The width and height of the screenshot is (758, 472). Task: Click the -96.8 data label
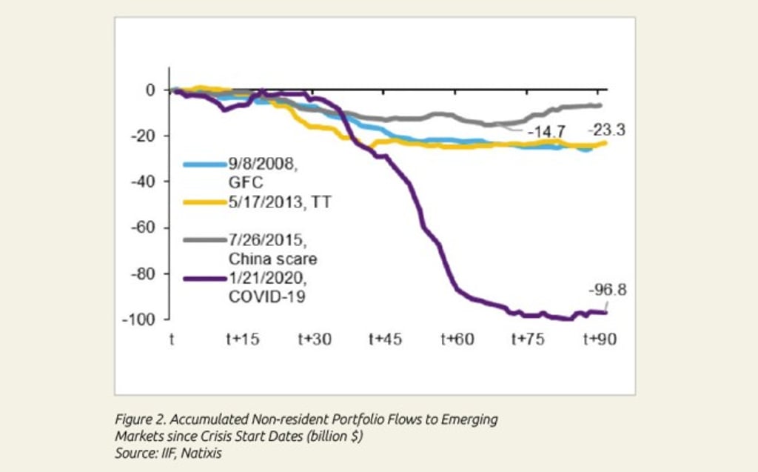point(607,290)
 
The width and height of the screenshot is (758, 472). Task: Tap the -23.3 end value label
point(607,130)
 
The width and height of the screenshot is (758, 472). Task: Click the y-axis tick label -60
point(144,227)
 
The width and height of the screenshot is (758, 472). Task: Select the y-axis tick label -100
point(141,319)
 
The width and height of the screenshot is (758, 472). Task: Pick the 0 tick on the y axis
point(150,90)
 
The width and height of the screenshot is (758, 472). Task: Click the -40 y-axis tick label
point(144,182)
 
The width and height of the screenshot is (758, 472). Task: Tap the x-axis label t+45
point(386,339)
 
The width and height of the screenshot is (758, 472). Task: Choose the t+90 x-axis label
point(600,339)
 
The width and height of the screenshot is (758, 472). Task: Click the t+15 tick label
point(243,339)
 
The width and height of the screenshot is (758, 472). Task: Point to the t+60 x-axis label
point(457,339)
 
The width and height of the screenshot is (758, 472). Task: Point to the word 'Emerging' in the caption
point(470,419)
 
